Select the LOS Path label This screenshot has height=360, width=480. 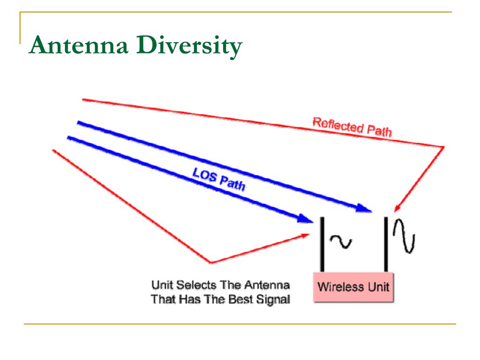click(218, 178)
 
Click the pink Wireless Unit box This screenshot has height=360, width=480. click(353, 286)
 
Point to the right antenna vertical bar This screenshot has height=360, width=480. click(386, 244)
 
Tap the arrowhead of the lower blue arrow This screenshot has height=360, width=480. click(307, 218)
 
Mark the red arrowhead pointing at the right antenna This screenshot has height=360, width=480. click(397, 208)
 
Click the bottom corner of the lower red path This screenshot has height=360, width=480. click(210, 262)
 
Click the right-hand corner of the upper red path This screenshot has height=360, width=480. click(443, 147)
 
